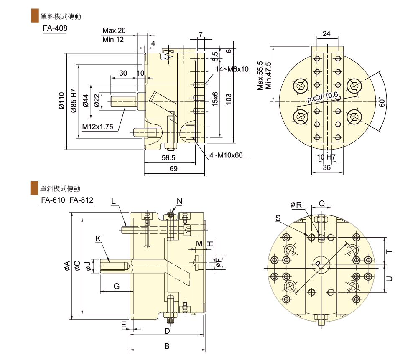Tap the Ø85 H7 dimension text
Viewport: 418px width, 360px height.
click(73, 101)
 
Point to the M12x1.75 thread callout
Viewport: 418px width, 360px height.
click(97, 127)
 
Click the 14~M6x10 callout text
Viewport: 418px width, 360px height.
click(232, 69)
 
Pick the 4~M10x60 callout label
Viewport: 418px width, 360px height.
click(226, 155)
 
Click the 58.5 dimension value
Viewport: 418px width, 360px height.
click(169, 158)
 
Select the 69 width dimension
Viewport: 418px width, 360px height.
click(173, 169)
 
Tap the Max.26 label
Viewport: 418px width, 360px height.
click(114, 31)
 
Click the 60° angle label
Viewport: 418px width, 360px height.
click(382, 102)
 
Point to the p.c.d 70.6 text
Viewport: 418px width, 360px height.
click(322, 97)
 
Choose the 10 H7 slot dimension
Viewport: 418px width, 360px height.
click(326, 157)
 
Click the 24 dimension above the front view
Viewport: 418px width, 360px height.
click(327, 34)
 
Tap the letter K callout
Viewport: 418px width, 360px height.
click(98, 238)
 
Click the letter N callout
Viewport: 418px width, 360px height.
click(179, 201)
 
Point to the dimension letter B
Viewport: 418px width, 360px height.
click(166, 346)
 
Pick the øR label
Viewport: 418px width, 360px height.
click(296, 204)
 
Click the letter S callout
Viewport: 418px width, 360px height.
click(278, 218)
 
